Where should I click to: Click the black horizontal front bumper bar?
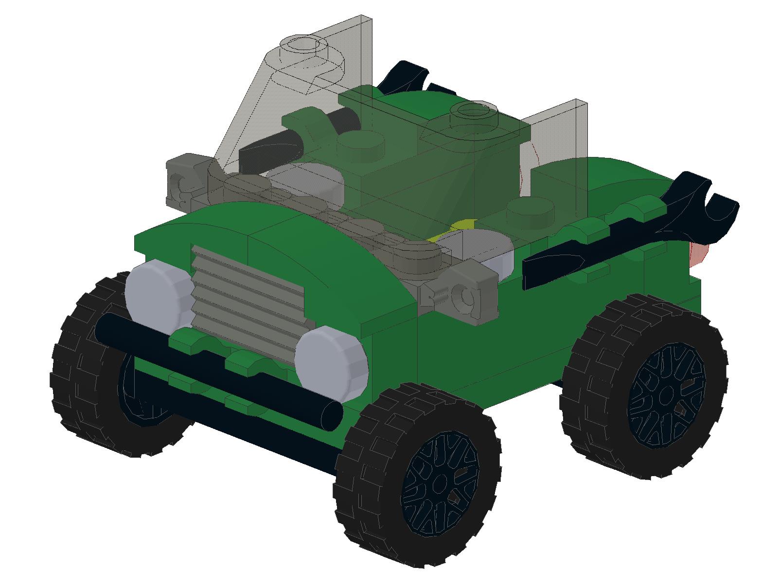click(219, 369)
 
